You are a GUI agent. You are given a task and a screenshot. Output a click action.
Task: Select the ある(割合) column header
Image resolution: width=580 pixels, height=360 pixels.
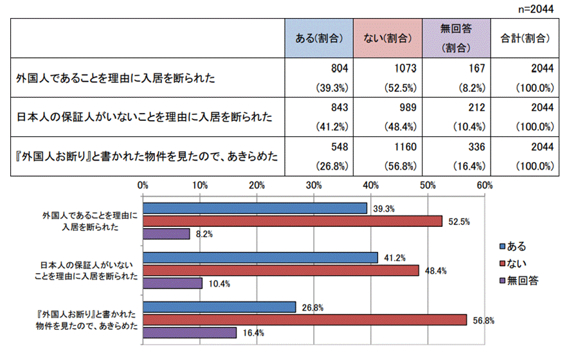tap(320, 38)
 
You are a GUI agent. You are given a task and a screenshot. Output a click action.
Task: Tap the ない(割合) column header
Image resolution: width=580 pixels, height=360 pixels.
tap(388, 38)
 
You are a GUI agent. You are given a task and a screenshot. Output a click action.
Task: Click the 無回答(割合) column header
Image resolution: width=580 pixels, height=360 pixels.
tap(456, 38)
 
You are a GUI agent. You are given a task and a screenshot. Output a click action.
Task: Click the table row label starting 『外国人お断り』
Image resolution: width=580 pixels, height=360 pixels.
tap(147, 156)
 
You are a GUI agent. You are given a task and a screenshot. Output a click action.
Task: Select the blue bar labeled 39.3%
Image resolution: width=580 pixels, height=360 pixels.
tap(255, 208)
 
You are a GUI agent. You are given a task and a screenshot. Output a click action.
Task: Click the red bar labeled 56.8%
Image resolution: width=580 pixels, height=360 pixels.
tap(304, 319)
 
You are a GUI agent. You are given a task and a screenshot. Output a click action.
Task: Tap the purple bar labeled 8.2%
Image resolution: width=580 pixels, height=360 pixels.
tap(166, 234)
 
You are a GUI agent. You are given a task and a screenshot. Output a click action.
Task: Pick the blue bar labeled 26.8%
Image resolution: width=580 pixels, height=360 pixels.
tap(219, 307)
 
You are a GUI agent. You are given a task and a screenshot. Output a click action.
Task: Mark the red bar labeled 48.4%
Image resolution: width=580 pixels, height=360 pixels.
tap(280, 270)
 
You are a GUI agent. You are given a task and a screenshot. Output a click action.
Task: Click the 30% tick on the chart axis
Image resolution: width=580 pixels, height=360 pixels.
tap(314, 186)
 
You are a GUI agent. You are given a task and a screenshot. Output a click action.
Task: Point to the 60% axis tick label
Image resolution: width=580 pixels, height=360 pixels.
tap(484, 186)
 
